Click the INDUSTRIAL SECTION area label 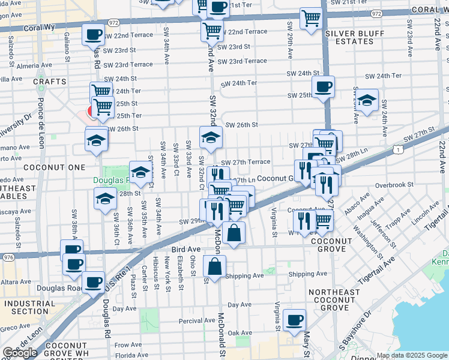(25, 307)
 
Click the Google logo (20, 353)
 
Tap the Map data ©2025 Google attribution (412, 355)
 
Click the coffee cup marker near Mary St (294, 320)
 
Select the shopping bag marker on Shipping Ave (214, 266)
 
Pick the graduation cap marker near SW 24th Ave (367, 100)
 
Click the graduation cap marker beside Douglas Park (140, 173)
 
